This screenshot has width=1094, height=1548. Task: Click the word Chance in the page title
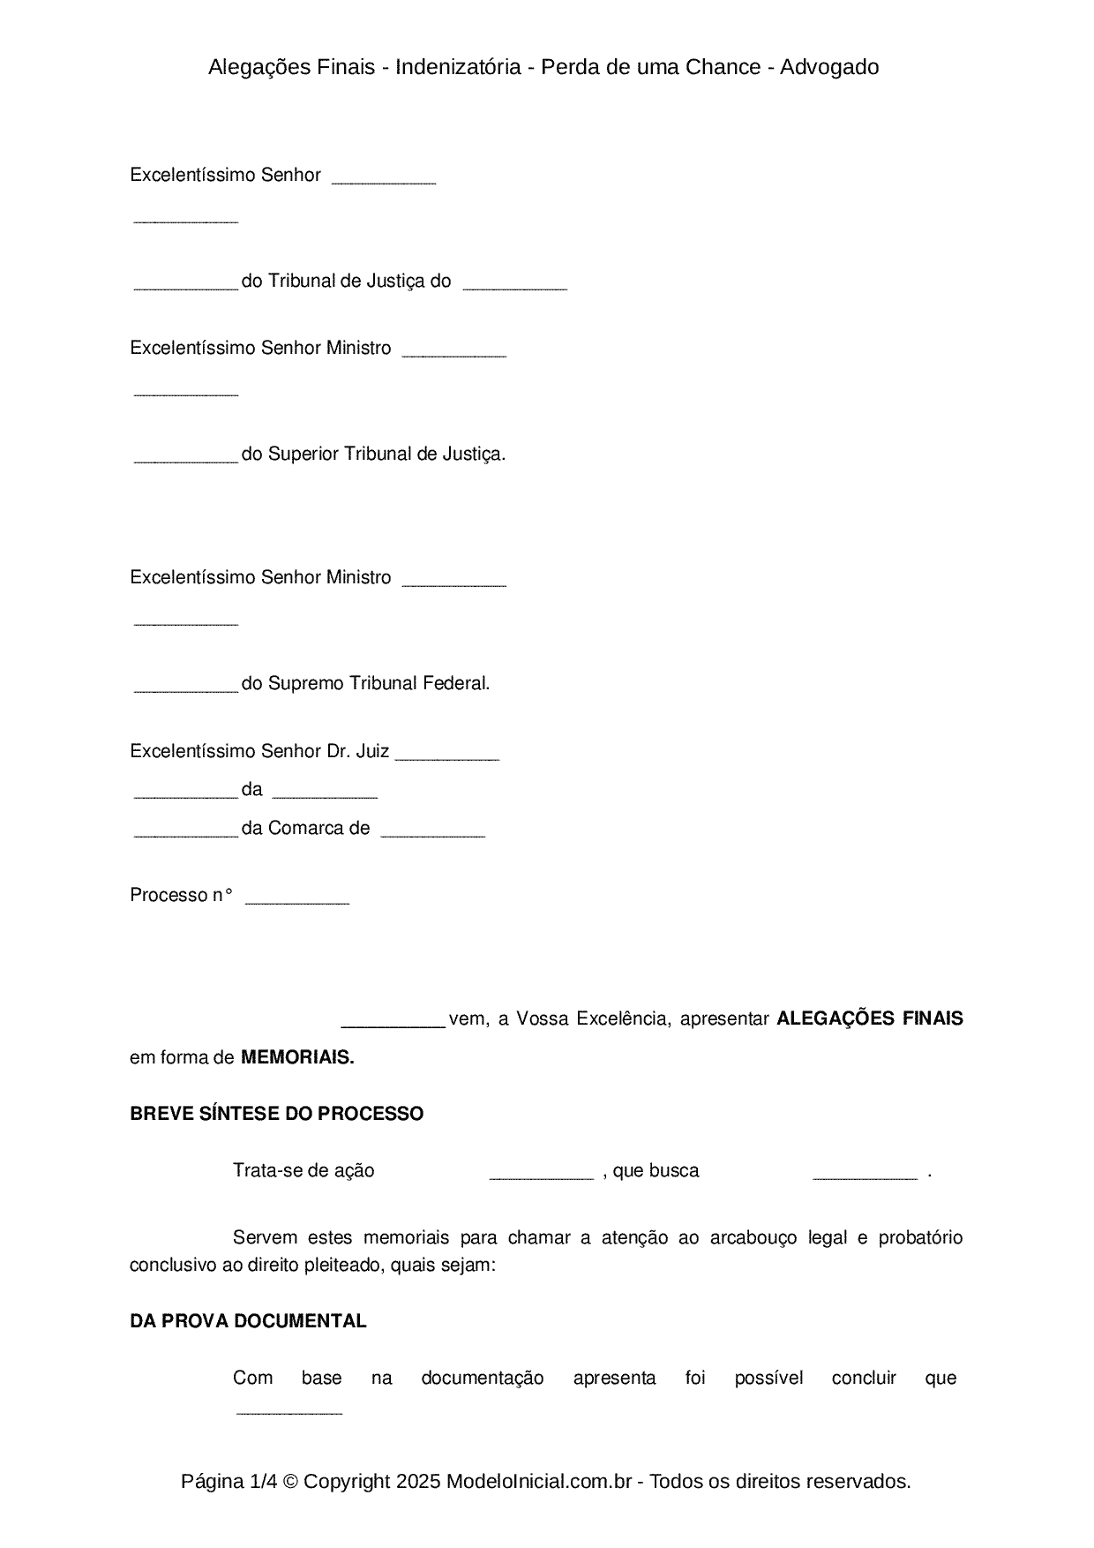(726, 67)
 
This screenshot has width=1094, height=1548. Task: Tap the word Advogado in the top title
(829, 67)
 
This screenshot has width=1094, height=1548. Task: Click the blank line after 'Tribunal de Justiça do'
(514, 284)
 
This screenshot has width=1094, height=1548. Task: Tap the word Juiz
(371, 751)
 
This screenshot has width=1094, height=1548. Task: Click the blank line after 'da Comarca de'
(432, 831)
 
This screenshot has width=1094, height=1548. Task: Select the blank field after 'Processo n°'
(296, 898)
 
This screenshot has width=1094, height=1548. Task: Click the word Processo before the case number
(168, 895)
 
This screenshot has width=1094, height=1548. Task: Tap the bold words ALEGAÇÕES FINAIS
(869, 1018)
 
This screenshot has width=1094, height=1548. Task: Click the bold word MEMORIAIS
(296, 1057)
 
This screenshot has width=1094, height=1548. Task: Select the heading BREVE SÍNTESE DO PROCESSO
(276, 1114)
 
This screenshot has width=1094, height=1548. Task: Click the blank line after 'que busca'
(865, 1174)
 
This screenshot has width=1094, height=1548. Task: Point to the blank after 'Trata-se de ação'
(541, 1174)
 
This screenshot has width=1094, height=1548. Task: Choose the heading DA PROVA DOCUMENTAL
(248, 1321)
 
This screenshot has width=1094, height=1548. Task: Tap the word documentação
(482, 1378)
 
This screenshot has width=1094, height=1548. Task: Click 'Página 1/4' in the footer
(228, 1481)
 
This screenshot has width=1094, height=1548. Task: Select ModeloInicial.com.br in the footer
(538, 1481)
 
